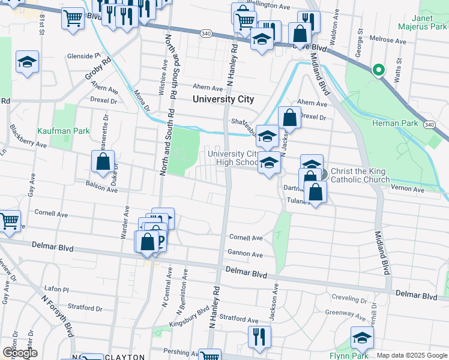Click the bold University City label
coord(223,99)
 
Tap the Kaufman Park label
coord(71,130)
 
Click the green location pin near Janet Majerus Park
coord(378,70)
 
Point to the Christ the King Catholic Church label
coord(357,175)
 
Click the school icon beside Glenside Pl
coord(27,62)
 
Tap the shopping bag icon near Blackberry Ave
coord(103,161)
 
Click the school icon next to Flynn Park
coord(362,338)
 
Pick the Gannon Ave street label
coord(245,254)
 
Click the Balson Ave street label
coord(101,186)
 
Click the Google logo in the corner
coord(20,353)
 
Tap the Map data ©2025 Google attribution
coord(412,356)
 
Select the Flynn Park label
coord(352,356)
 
